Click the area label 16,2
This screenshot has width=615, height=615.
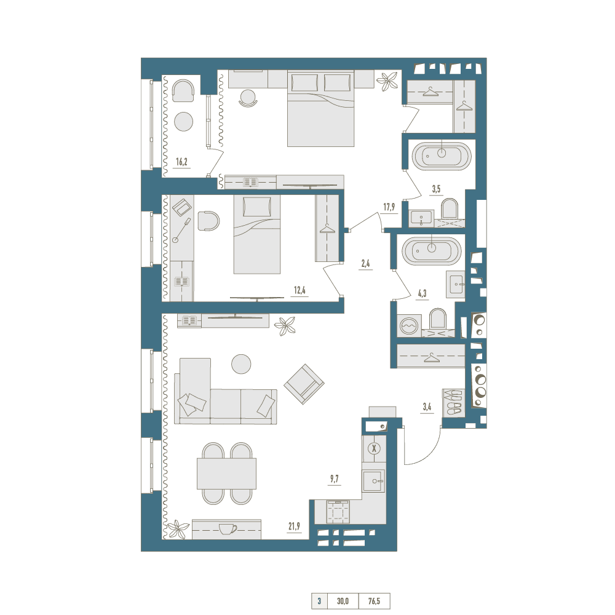(x=181, y=162)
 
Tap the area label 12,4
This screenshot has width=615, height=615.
(x=300, y=290)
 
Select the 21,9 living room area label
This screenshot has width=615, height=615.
(x=294, y=526)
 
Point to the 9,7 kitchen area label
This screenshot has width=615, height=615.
(x=334, y=479)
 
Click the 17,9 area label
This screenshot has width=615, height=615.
(x=389, y=207)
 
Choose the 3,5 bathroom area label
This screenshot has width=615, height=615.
(x=436, y=189)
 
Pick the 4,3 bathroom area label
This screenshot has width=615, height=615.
(x=422, y=293)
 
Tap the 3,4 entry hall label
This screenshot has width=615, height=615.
(x=427, y=407)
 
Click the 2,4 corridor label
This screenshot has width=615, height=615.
(x=365, y=264)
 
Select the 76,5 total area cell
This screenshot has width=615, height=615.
(x=374, y=601)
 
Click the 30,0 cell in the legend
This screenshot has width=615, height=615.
(x=343, y=601)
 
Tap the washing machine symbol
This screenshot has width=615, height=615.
(x=409, y=326)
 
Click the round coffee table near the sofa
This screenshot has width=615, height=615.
(x=241, y=363)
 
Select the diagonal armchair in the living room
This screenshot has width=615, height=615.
(x=304, y=384)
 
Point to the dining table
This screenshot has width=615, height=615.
(x=227, y=474)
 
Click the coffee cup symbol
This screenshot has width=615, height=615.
(x=228, y=529)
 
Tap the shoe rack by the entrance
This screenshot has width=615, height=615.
(x=454, y=403)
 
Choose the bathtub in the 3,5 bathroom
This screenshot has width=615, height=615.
(x=442, y=156)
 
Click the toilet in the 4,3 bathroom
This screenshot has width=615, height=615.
(x=438, y=319)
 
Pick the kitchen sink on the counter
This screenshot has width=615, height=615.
(x=374, y=481)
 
